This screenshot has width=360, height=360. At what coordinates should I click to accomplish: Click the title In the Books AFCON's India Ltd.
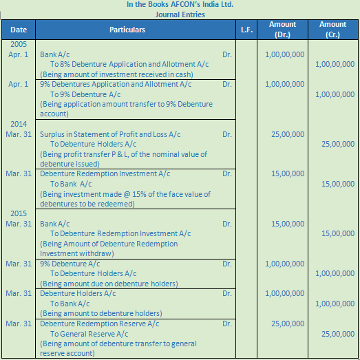coord(180,4)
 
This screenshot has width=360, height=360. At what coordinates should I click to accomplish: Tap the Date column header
coord(19,30)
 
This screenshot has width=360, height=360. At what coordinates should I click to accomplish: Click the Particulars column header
coord(127,30)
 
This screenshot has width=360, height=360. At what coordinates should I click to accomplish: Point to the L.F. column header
coord(246,30)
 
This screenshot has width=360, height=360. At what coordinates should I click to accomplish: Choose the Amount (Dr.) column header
coord(282,30)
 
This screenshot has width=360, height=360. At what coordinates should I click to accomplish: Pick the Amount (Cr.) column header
coord(333,30)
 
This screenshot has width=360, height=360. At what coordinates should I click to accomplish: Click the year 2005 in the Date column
coord(18,43)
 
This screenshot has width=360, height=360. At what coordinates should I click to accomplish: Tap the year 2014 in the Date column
coord(18,124)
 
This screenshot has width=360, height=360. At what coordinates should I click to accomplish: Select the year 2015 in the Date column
coord(18,214)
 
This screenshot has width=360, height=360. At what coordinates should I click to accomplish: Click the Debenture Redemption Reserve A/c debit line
coord(100,323)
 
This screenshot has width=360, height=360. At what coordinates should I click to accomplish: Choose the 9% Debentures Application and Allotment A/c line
coord(109,84)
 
